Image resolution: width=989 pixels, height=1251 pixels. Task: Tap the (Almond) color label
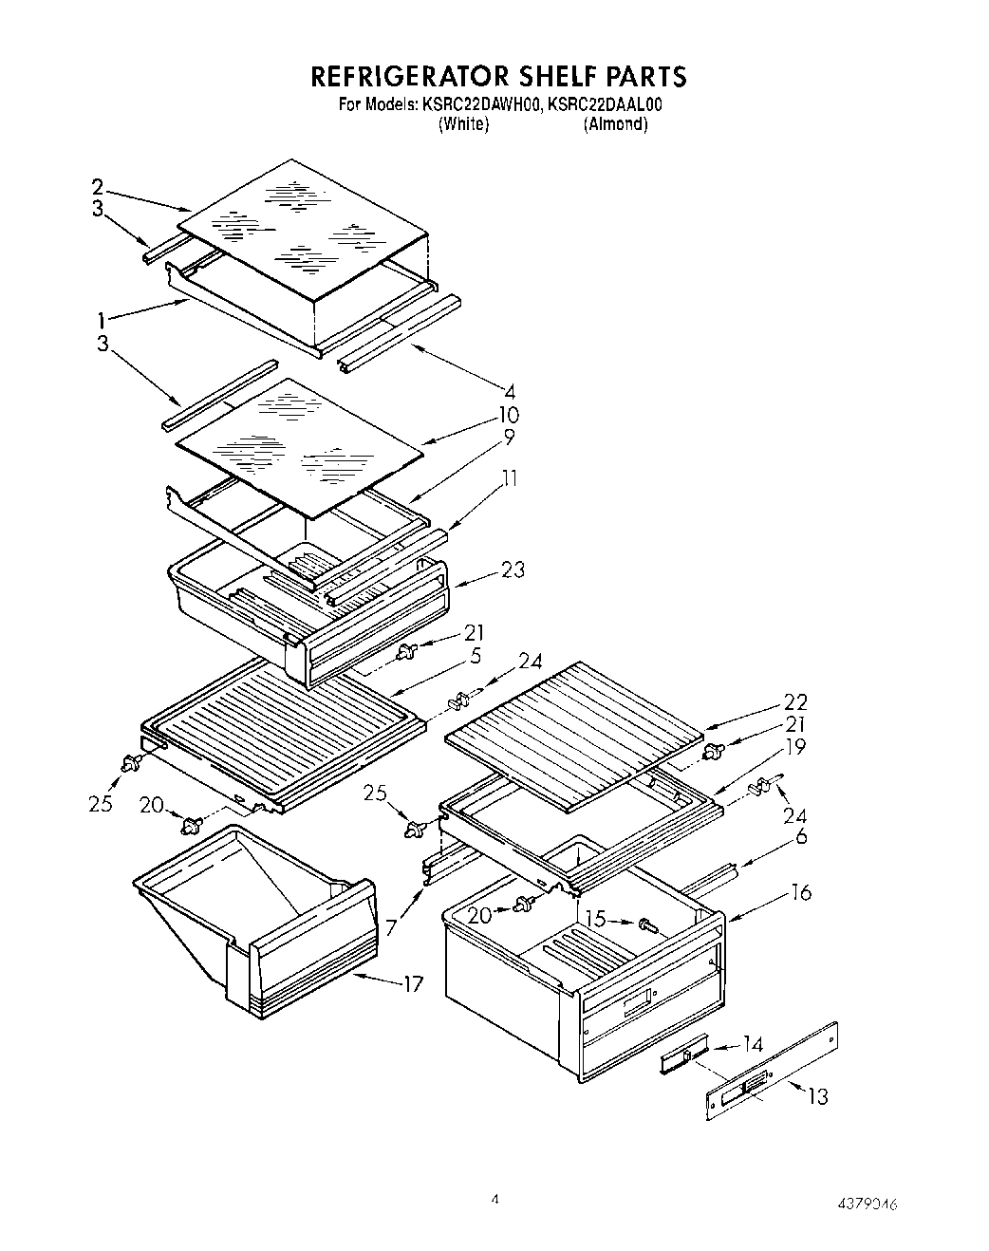616,124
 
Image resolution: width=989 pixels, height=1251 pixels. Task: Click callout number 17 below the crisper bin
412,984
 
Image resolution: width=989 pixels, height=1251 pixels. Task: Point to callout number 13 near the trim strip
816,1096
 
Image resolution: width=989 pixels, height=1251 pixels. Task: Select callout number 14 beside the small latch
752,1045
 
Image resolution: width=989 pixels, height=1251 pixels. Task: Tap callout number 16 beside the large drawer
801,892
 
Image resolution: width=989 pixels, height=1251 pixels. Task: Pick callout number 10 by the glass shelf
509,415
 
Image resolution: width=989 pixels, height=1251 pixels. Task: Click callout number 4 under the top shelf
511,390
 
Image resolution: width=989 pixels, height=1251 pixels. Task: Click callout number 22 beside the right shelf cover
795,702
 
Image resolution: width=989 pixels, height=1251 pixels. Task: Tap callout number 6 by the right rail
801,836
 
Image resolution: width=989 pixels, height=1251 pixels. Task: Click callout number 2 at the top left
97,187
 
